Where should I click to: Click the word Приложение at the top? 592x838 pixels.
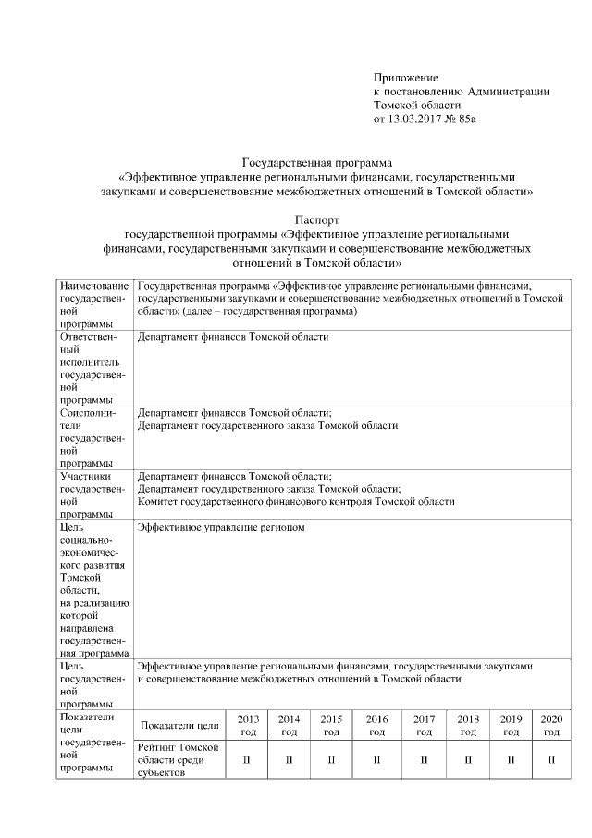[x=405, y=77]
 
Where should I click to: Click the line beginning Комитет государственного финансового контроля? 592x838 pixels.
[x=296, y=501]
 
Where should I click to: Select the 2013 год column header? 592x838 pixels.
[x=248, y=725]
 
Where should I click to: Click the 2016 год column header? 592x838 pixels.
[x=376, y=725]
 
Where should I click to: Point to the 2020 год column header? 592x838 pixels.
[x=551, y=725]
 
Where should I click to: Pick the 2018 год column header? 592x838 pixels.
[x=468, y=725]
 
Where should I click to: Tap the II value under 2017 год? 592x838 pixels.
[x=424, y=761]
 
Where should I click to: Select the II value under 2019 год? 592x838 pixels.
[x=511, y=761]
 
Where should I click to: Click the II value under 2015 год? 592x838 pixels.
[x=331, y=761]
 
